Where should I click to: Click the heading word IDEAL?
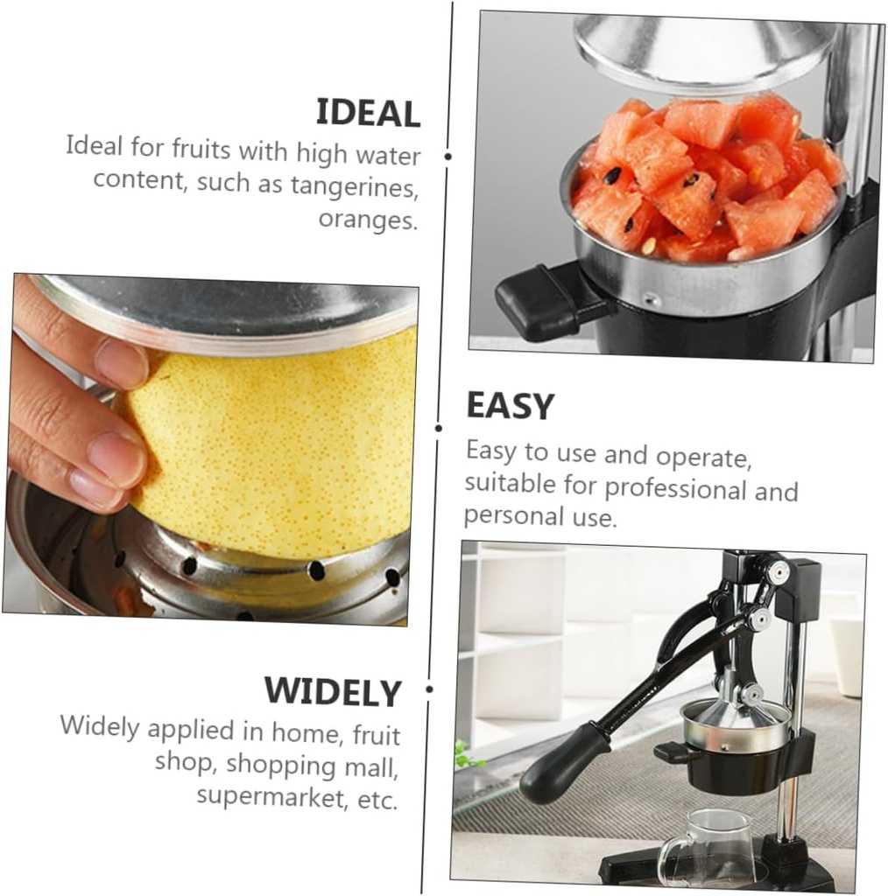(x=368, y=114)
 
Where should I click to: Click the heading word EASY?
(x=510, y=407)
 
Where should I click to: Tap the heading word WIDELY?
(x=333, y=692)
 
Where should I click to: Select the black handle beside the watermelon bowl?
(x=539, y=302)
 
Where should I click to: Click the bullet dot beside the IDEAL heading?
(x=448, y=157)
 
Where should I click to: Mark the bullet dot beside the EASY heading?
(x=439, y=429)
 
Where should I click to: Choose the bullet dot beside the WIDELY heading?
(x=429, y=689)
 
